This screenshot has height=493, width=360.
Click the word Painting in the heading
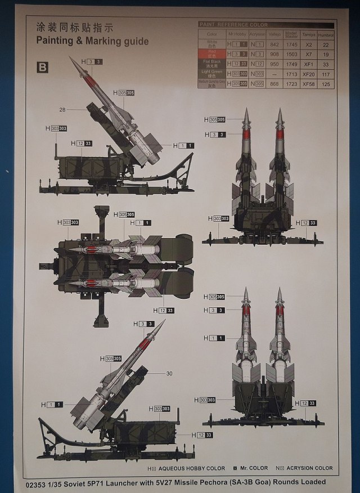pyautogui.click(x=56, y=41)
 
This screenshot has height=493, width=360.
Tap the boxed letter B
pyautogui.click(x=43, y=68)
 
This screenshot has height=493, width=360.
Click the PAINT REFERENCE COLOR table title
pyautogui.click(x=234, y=25)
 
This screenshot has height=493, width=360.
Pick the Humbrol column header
pyautogui.click(x=325, y=34)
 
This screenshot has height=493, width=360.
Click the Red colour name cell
pyautogui.click(x=211, y=54)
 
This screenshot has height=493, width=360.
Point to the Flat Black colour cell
pyautogui.click(x=211, y=64)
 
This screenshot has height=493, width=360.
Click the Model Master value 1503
pyautogui.click(x=291, y=54)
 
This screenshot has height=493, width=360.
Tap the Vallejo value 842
pyautogui.click(x=275, y=44)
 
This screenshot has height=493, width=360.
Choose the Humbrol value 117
pyautogui.click(x=325, y=74)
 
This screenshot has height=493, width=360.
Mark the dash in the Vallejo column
pyautogui.click(x=274, y=74)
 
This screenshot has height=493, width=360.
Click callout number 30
pyautogui.click(x=169, y=373)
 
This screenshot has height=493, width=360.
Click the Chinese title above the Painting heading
pyautogui.click(x=75, y=27)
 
